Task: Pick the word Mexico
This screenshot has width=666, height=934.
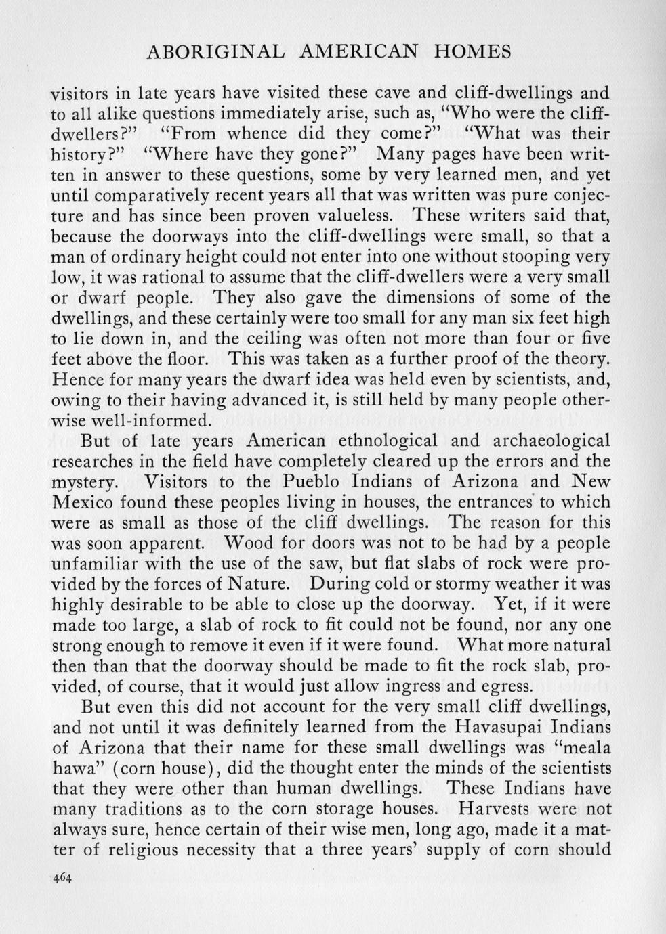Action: (x=83, y=502)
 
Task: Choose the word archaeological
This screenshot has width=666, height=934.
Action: (x=547, y=441)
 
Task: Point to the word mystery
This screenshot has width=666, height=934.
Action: (x=82, y=483)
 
